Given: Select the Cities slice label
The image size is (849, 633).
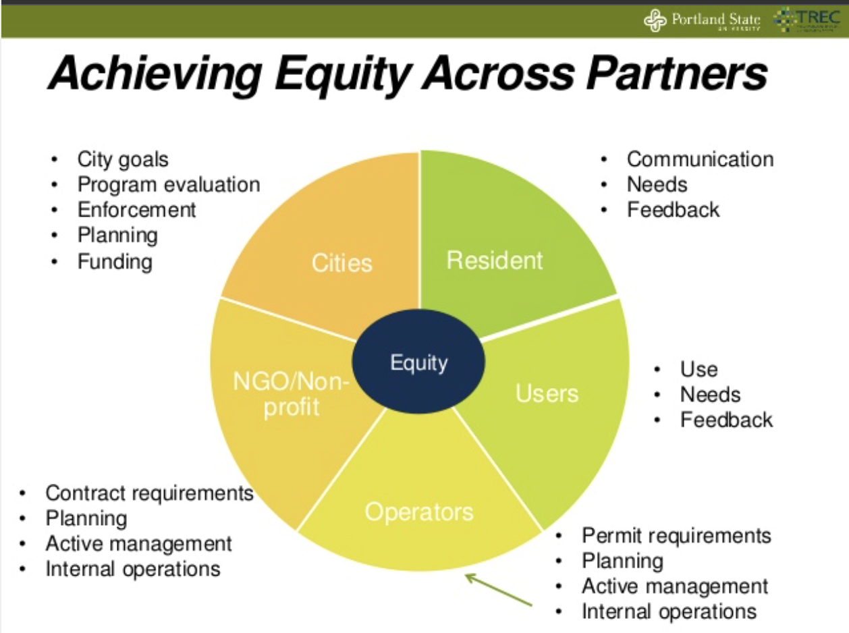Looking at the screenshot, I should click(x=341, y=263).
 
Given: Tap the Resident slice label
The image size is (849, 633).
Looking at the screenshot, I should click(x=495, y=260).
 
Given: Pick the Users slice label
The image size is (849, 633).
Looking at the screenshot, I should click(x=547, y=393).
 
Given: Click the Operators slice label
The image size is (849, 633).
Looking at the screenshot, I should click(x=419, y=512).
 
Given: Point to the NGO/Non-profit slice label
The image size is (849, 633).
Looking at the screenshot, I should click(x=291, y=395).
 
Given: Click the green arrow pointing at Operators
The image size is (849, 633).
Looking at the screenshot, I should click(x=499, y=589).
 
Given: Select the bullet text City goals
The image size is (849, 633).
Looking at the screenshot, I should click(x=122, y=159).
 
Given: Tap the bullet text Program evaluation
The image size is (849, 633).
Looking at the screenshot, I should click(x=168, y=184).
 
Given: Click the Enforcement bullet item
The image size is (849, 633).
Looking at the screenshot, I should click(x=136, y=209).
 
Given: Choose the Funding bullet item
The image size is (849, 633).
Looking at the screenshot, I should click(x=115, y=260).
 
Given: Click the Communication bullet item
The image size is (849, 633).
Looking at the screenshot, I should click(x=700, y=159).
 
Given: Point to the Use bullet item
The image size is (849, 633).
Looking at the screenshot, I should click(x=699, y=369).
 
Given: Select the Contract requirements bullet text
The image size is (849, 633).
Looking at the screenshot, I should click(x=149, y=493).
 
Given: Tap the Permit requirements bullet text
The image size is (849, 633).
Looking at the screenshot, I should click(x=676, y=535).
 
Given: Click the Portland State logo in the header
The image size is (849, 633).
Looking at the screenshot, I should click(x=702, y=20).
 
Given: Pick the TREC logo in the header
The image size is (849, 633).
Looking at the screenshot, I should click(x=807, y=20).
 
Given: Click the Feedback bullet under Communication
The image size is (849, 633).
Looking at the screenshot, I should click(x=673, y=209).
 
